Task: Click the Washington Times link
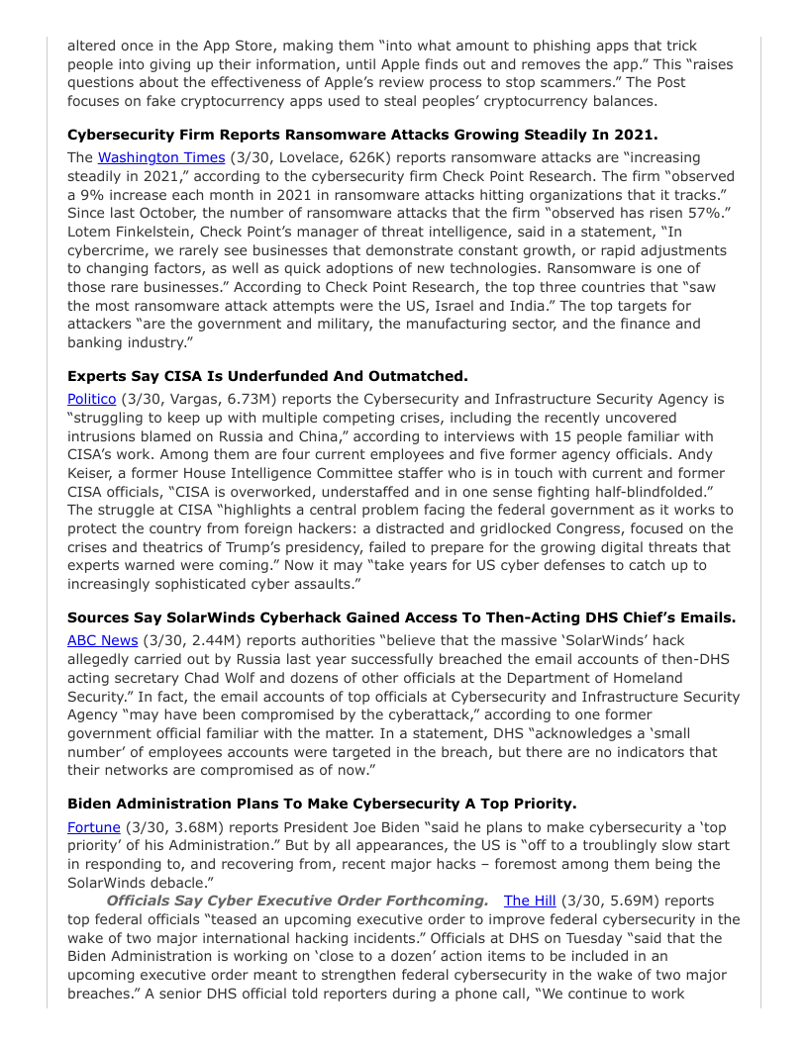pyautogui.click(x=160, y=157)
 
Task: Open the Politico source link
pyautogui.click(x=91, y=399)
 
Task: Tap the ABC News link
pyautogui.click(x=102, y=640)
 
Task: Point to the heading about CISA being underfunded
pyautogui.click(x=267, y=376)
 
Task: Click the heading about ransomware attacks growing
pyautogui.click(x=362, y=135)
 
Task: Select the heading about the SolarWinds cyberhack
pyautogui.click(x=401, y=617)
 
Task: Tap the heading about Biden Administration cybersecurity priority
pyautogui.click(x=322, y=804)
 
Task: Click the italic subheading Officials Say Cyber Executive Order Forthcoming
pyautogui.click(x=297, y=901)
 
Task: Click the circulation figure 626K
pyautogui.click(x=344, y=157)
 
